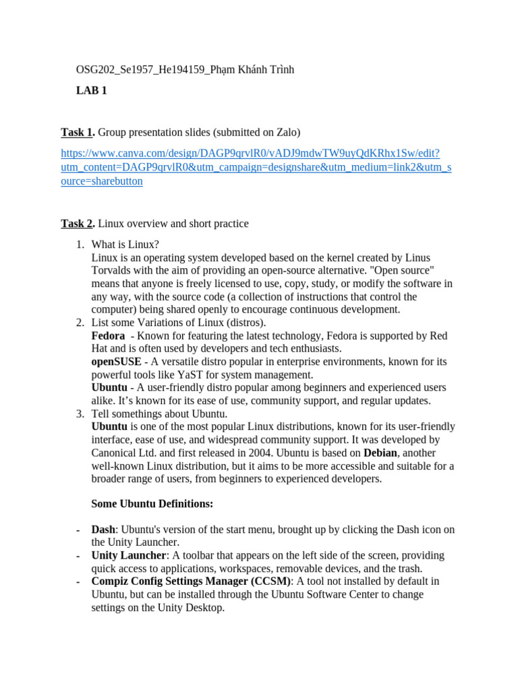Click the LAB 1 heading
pos(91,90)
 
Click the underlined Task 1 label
pos(76,132)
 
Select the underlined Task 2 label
pos(76,224)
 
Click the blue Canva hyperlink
pos(256,167)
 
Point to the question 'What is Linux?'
pos(125,244)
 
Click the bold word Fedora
pos(108,336)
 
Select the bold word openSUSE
pos(116,362)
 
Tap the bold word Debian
pos(380,453)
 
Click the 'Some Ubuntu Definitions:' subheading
pos(152,504)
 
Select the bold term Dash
pos(103,530)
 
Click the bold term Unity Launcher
pos(129,555)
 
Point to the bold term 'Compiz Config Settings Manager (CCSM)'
pos(192,581)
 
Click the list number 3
pos(79,414)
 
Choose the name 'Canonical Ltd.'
pos(123,453)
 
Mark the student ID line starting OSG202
pos(185,70)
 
